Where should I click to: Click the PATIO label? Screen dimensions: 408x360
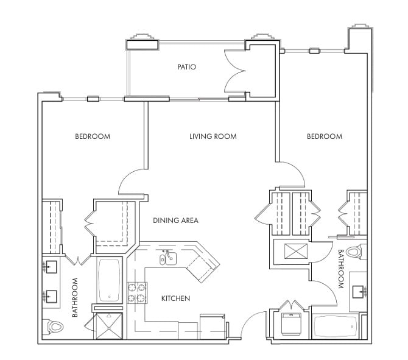[186, 67]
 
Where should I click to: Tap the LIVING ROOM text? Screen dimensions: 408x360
[213, 136]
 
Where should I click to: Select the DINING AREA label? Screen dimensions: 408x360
[175, 221]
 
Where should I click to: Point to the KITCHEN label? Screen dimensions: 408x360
[175, 298]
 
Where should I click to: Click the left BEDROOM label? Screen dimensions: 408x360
[93, 136]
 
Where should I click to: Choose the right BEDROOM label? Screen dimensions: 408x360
[325, 136]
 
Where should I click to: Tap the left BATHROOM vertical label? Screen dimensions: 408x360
[75, 297]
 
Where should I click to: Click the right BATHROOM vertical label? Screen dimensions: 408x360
[341, 269]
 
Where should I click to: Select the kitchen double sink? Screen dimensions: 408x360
[168, 258]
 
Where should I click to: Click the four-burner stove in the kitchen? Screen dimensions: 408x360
[137, 293]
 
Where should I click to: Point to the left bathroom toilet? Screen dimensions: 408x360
[53, 326]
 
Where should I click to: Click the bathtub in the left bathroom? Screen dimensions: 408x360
[109, 280]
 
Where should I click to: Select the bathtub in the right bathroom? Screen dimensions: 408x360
[335, 326]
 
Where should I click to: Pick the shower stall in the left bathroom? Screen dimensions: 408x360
[109, 326]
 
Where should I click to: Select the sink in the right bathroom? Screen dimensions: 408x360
[359, 292]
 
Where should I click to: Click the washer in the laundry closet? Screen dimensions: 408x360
[291, 324]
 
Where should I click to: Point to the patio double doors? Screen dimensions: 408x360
[234, 71]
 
